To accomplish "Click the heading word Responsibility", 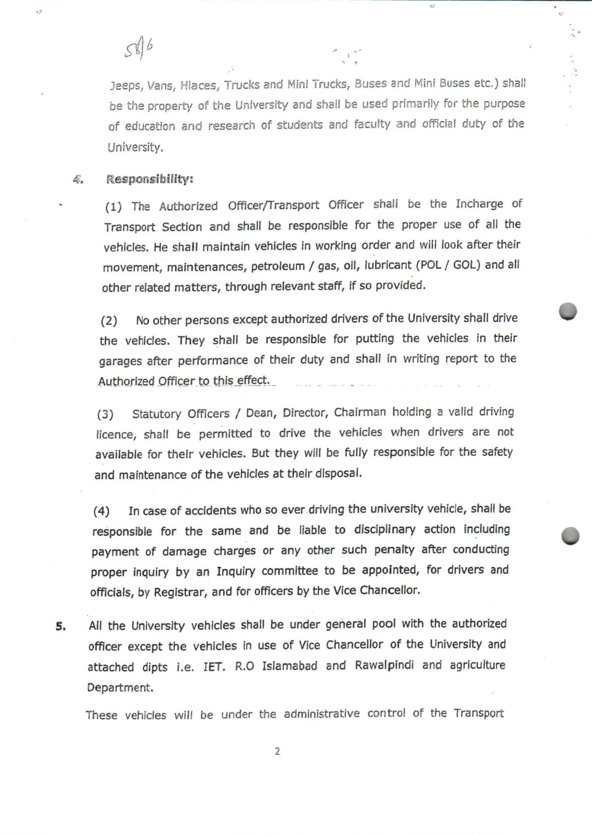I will (149, 179).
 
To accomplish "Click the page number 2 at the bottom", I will (277, 751).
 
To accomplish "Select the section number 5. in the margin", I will (61, 626).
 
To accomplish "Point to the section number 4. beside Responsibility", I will (78, 179).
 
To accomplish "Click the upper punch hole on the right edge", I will (568, 311).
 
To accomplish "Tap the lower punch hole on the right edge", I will (570, 536).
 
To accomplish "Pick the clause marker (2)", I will (109, 321).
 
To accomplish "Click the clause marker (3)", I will (105, 414).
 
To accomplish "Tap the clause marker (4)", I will (102, 511).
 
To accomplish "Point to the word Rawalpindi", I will (385, 665).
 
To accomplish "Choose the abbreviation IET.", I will (214, 667).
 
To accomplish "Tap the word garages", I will (122, 361).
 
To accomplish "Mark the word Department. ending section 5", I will (120, 687).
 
